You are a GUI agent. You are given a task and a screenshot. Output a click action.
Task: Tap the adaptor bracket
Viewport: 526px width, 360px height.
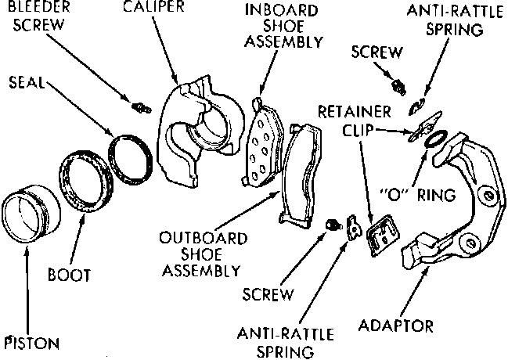462,203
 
